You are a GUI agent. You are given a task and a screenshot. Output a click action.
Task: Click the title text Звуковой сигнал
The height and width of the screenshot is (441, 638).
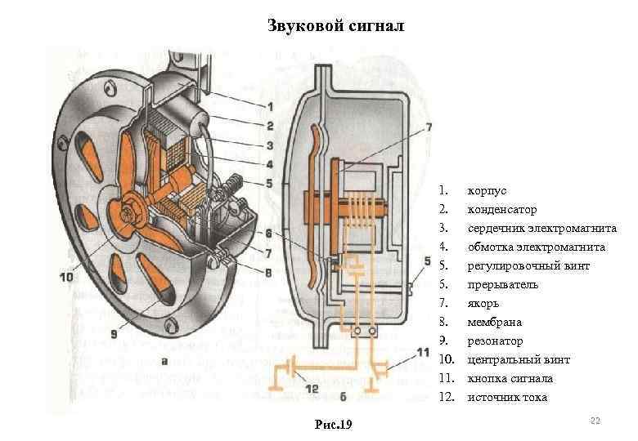pyautogui.click(x=336, y=26)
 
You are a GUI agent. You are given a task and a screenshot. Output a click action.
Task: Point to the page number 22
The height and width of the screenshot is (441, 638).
pyautogui.click(x=595, y=420)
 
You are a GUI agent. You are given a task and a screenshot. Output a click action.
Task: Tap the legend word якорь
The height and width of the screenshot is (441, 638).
pyautogui.click(x=483, y=303)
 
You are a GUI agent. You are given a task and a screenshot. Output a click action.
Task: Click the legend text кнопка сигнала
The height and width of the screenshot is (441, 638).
pyautogui.click(x=510, y=378)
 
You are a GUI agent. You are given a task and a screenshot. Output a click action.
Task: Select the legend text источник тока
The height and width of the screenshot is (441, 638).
pyautogui.click(x=507, y=397)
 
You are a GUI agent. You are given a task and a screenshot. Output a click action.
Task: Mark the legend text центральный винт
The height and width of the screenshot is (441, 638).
pyautogui.click(x=519, y=359)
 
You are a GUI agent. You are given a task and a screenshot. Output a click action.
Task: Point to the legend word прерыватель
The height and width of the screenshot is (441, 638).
pyautogui.click(x=502, y=284)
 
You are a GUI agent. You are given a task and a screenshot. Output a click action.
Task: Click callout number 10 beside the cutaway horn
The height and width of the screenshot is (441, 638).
pyautogui.click(x=65, y=278)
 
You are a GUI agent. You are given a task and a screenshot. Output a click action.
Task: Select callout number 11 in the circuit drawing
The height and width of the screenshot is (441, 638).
pyautogui.click(x=422, y=352)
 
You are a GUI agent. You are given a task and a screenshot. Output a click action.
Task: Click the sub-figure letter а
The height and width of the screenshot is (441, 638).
pyautogui.click(x=165, y=360)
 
